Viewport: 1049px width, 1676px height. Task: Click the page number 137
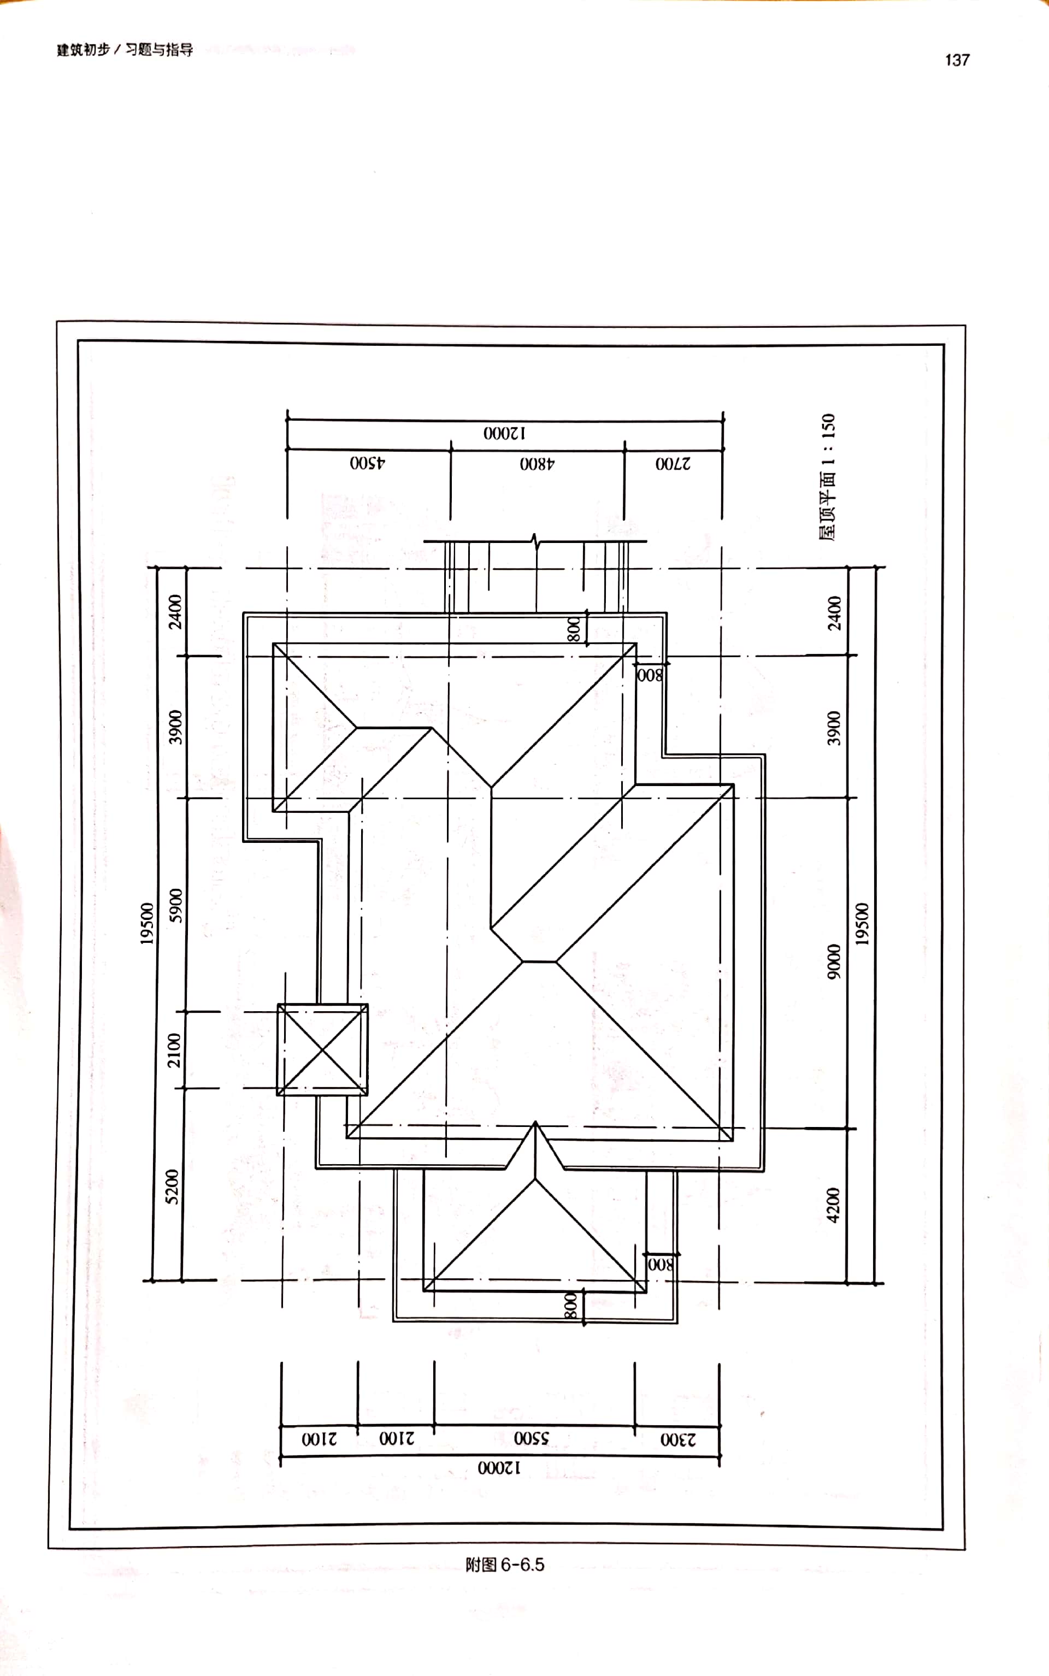tap(957, 60)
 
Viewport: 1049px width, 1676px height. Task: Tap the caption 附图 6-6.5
tap(504, 1565)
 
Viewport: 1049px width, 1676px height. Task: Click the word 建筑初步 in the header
tap(83, 50)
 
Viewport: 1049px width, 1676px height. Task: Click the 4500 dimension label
tap(368, 463)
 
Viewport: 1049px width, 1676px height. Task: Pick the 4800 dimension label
tap(537, 463)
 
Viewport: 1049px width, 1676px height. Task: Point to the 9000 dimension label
tap(833, 962)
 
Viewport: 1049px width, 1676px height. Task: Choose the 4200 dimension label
tap(833, 1205)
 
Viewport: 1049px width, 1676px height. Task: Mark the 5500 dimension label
tap(532, 1438)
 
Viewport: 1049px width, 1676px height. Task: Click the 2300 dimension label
tap(678, 1439)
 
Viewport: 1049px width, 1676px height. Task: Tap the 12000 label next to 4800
tap(504, 433)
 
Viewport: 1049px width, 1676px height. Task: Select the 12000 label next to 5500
tap(499, 1468)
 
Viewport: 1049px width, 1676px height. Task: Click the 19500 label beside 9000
tap(862, 924)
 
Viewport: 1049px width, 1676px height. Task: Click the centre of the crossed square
tap(322, 1049)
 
